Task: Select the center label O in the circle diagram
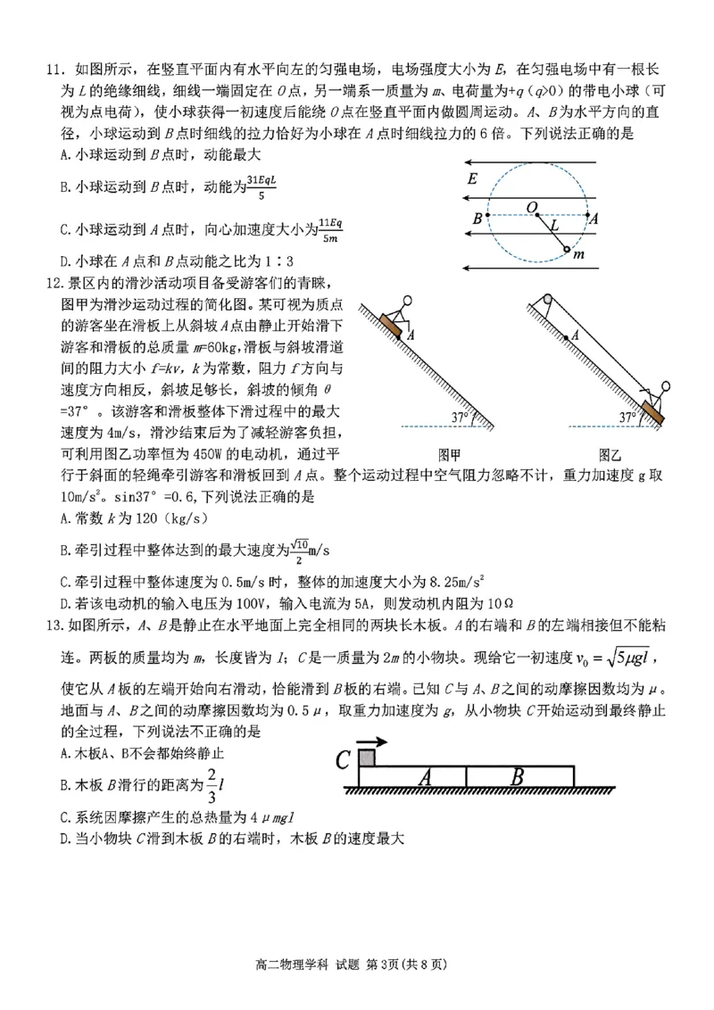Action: pos(532,206)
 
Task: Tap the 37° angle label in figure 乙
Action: pos(631,416)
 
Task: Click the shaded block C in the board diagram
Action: pos(368,757)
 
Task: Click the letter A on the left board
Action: pos(426,777)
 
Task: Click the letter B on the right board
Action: pos(518,777)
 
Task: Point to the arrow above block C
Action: pos(371,741)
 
